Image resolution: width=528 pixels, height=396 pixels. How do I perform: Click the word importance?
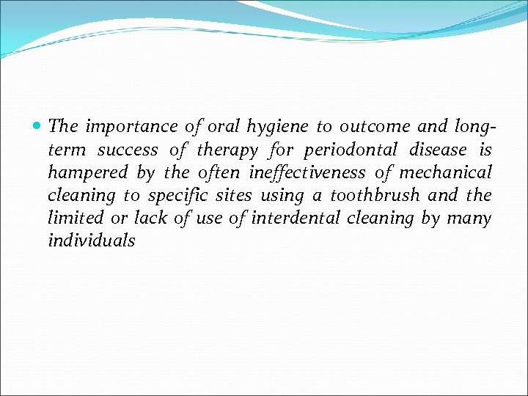click(133, 127)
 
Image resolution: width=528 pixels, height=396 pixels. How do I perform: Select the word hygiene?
click(278, 128)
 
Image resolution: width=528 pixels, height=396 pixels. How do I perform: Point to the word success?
click(128, 150)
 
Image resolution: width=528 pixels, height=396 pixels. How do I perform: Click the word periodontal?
click(351, 150)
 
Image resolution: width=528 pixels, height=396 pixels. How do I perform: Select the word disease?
click(439, 150)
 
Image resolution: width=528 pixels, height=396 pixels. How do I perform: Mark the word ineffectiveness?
click(307, 172)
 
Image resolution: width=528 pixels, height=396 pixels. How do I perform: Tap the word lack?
click(151, 218)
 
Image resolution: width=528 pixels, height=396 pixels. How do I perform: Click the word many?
click(469, 219)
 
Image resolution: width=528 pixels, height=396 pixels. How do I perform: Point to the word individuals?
click(92, 241)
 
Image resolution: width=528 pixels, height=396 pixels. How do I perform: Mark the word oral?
click(224, 127)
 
